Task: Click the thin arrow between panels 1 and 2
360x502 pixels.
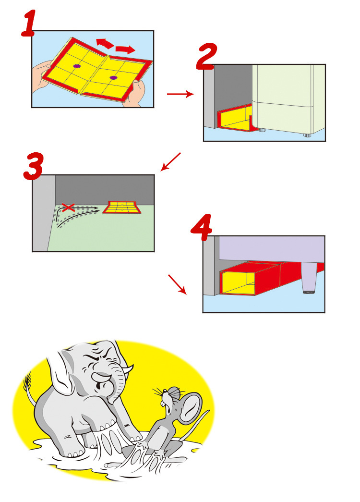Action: click(180, 95)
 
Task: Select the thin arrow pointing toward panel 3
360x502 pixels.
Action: click(171, 161)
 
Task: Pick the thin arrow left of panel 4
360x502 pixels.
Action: click(177, 284)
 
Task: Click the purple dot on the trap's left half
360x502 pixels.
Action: click(77, 65)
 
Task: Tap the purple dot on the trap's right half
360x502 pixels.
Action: click(113, 77)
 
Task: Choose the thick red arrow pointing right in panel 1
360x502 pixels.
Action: click(126, 49)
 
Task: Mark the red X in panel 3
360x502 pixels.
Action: click(68, 208)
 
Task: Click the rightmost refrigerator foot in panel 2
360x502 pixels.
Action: click(307, 135)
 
